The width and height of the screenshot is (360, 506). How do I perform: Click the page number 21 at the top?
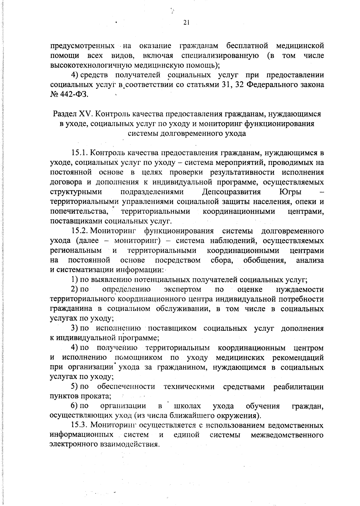tap(186, 23)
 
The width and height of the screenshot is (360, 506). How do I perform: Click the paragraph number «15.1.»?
tap(79, 153)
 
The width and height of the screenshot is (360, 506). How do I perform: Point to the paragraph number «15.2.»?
tap(79, 231)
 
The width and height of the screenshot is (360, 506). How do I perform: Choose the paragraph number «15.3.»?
tap(79, 425)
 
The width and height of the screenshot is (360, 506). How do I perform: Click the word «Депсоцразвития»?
tap(231, 192)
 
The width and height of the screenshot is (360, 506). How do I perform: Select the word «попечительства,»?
tap(79, 211)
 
